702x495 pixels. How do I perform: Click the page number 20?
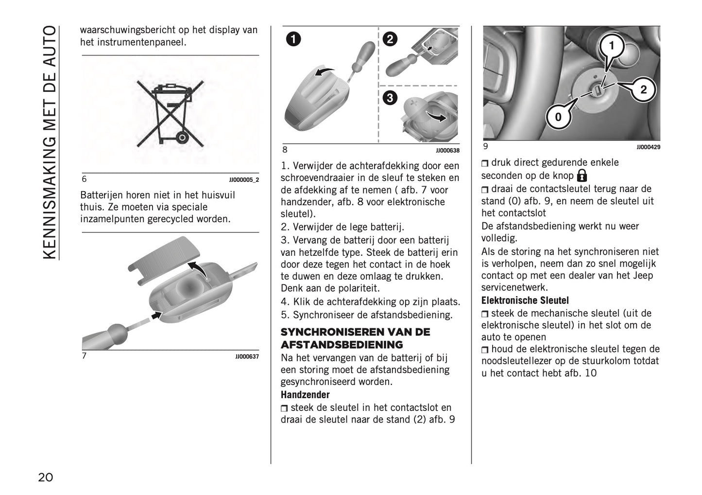[x=46, y=477]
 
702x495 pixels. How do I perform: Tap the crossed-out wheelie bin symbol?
[x=170, y=114]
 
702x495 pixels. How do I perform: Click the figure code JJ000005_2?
[x=244, y=180]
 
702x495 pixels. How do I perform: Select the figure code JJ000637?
[x=247, y=356]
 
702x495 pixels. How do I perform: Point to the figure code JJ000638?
[x=447, y=151]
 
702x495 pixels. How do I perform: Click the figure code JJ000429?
[x=648, y=147]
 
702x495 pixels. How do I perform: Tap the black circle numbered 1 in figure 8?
[x=293, y=39]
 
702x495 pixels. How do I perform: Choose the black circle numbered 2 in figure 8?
[x=390, y=39]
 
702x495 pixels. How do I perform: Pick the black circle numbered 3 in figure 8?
[x=390, y=98]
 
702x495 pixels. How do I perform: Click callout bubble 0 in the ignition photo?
[x=558, y=117]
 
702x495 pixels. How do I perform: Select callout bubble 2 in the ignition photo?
[x=643, y=90]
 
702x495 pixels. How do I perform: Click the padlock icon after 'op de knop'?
[x=582, y=176]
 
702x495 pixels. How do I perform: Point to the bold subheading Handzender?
[x=305, y=395]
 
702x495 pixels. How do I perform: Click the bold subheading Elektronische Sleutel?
[x=525, y=300]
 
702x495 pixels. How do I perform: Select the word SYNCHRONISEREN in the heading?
[x=332, y=332]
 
